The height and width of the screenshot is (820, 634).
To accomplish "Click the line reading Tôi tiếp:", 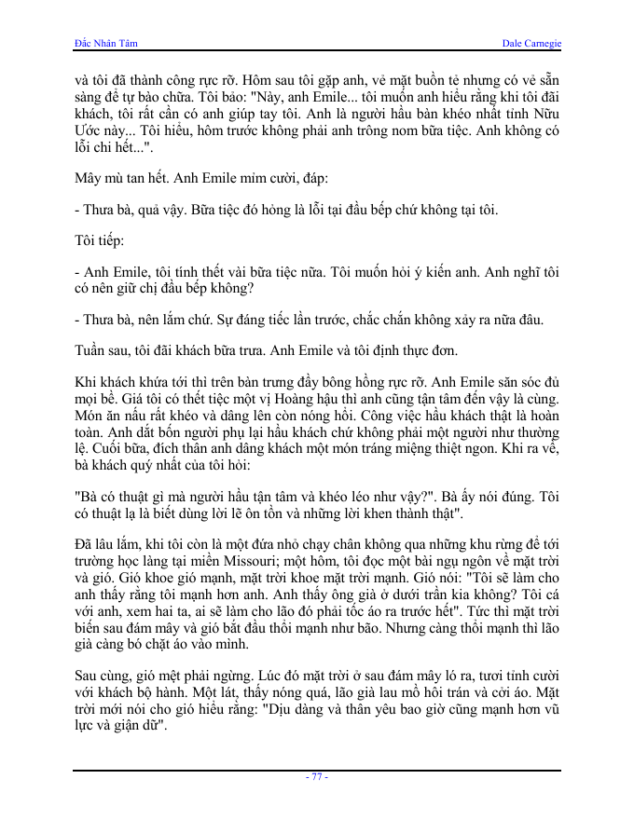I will (x=98, y=240).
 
